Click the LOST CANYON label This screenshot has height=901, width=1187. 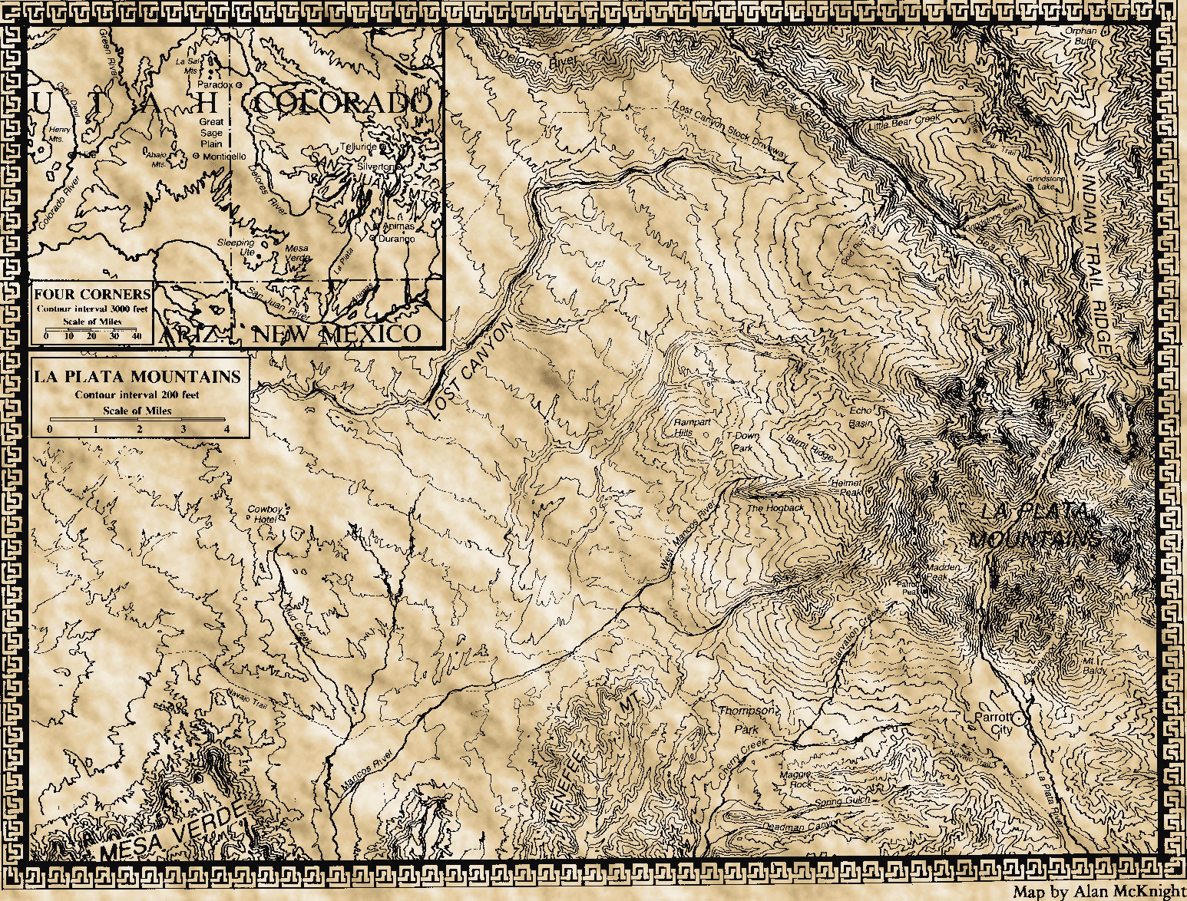tap(469, 370)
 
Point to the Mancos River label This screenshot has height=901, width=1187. tap(366, 771)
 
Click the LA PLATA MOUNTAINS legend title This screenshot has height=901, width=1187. tap(137, 377)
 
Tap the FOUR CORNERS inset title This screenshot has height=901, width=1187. tap(92, 294)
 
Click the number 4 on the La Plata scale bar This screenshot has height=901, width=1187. tap(226, 429)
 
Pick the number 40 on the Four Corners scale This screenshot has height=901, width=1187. tap(137, 336)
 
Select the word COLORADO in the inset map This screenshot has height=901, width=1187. tap(342, 103)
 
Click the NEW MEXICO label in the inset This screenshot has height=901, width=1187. tap(338, 334)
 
